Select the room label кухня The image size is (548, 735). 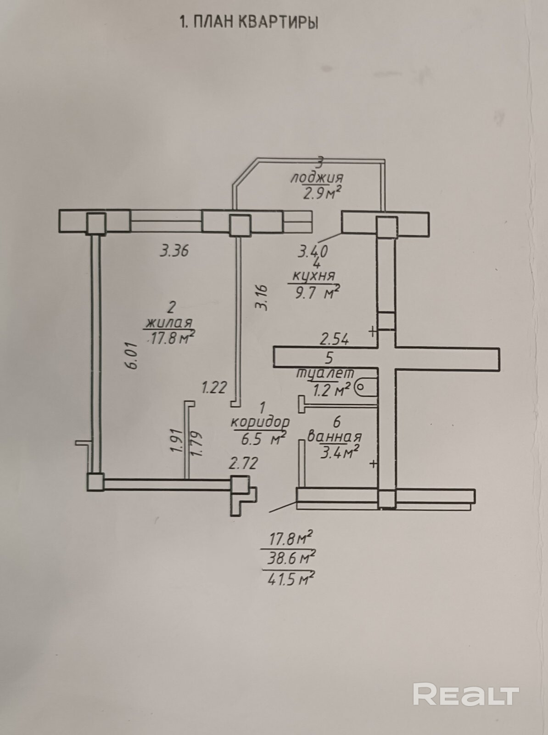(313, 276)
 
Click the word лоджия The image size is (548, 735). (317, 178)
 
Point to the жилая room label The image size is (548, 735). (169, 323)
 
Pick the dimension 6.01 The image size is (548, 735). (133, 355)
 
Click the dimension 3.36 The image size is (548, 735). (174, 250)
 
